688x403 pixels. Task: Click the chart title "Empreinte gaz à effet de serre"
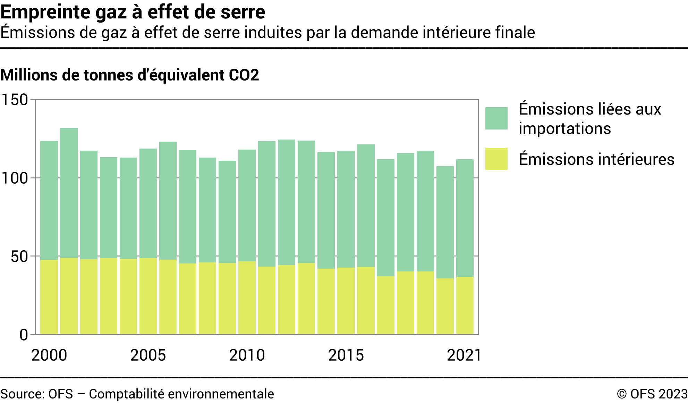tap(133, 12)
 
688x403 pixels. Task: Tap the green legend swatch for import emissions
tap(496, 118)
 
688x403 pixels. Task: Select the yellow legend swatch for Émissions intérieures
tap(496, 159)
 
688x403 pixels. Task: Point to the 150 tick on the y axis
tap(15, 100)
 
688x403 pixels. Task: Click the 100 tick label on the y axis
tap(15, 178)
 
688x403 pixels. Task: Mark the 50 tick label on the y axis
tap(19, 257)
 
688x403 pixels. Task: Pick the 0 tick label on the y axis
tap(24, 335)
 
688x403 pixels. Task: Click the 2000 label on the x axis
tap(49, 355)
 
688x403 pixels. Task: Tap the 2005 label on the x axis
tap(148, 355)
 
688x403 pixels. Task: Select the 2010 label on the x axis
tap(247, 355)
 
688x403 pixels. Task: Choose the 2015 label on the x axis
tap(346, 355)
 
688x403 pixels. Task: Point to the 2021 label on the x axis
tap(464, 355)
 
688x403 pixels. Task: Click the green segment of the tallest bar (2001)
tap(69, 193)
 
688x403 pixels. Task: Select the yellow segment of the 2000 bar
tap(49, 297)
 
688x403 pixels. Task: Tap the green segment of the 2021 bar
tap(465, 218)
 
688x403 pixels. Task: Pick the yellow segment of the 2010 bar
tap(247, 298)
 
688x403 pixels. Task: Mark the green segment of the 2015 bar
tap(346, 209)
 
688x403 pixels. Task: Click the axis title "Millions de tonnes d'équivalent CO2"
tap(130, 75)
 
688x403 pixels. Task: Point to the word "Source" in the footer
tap(22, 394)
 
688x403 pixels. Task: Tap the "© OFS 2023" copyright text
tap(652, 394)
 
